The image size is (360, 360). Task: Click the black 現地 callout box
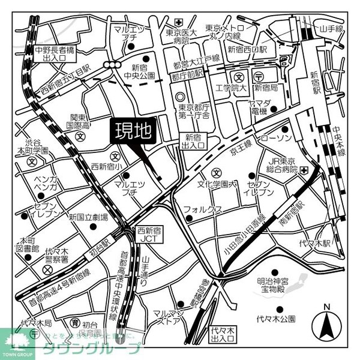coord(131,131)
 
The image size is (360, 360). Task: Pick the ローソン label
coord(275,139)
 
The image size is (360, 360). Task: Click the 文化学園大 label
coord(218,184)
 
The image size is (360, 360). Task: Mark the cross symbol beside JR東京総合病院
coord(306,170)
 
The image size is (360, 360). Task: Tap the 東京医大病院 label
coord(180,37)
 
